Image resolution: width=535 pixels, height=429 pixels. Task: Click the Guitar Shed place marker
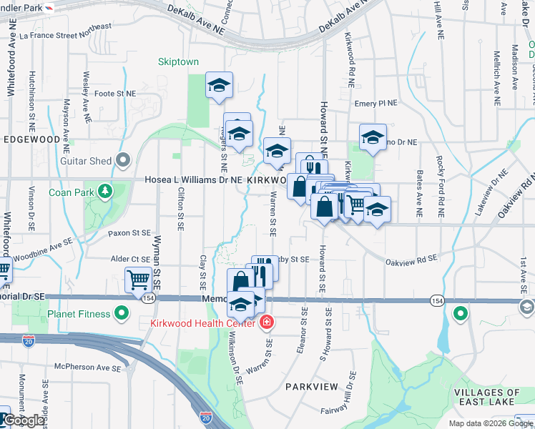click(x=123, y=160)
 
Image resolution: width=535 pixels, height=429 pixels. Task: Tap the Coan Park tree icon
click(x=105, y=192)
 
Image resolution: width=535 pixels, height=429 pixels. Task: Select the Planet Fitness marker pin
click(x=122, y=313)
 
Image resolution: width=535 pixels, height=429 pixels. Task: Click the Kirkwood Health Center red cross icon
click(x=266, y=323)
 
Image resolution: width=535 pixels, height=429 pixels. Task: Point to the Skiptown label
click(x=178, y=61)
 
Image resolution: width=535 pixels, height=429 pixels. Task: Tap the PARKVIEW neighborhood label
click(x=311, y=386)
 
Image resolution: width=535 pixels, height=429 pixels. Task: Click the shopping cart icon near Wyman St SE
click(x=137, y=280)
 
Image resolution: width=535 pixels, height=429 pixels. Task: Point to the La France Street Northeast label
click(x=65, y=31)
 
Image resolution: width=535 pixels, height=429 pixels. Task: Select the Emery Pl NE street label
click(x=376, y=104)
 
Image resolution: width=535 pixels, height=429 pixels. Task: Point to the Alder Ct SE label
click(x=129, y=259)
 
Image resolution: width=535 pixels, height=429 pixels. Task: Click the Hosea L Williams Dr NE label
click(x=193, y=181)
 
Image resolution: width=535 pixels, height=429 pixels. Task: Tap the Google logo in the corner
click(x=24, y=420)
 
